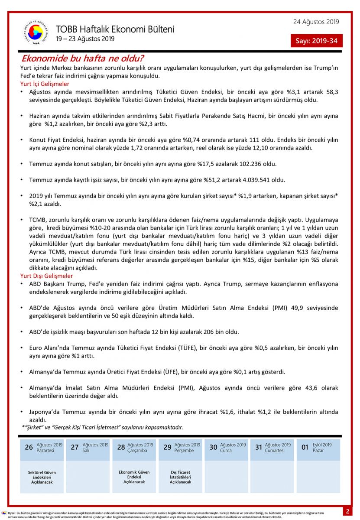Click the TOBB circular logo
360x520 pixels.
click(36, 32)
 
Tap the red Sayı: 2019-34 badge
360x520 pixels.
click(316, 41)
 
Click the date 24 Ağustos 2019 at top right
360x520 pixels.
click(316, 22)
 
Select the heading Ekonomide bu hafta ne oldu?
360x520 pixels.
click(83, 58)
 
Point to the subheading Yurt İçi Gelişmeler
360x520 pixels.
click(45, 84)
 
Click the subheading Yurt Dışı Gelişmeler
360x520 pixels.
click(47, 276)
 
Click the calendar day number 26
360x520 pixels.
click(29, 447)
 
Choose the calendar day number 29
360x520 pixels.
click(167, 447)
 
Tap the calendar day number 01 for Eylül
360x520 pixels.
click(305, 447)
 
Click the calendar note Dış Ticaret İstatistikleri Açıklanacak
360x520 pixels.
click(180, 477)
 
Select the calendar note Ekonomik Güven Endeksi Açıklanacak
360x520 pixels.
click(134, 477)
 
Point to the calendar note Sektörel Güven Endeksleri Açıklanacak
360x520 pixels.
click(42, 477)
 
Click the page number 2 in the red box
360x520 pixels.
click(347, 511)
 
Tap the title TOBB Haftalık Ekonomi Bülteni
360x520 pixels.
click(115, 29)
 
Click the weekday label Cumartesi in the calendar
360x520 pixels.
click(275, 451)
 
